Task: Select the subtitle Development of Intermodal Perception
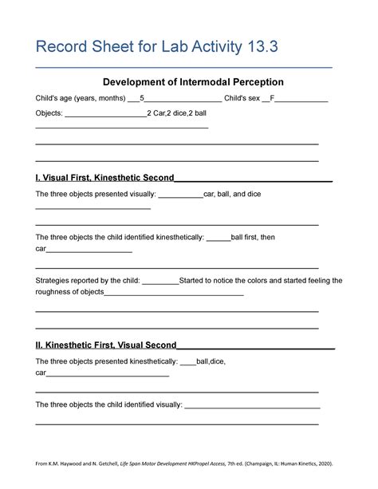pos(189,82)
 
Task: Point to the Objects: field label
pos(49,113)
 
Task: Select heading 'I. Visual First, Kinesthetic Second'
pos(104,177)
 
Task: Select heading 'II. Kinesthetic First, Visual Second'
pos(106,345)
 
